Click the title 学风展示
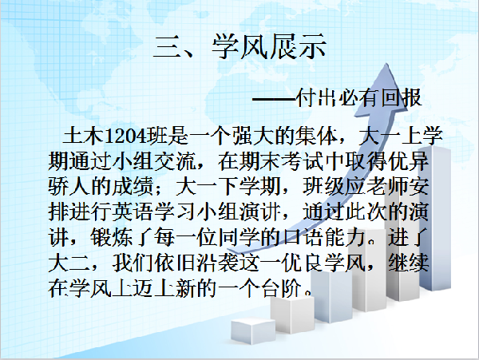269,46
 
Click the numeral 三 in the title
167,47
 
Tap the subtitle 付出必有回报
359,97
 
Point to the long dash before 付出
275,99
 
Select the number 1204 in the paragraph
125,136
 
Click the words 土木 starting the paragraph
83,135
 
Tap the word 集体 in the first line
316,135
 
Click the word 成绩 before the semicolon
133,186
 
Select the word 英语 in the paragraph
133,212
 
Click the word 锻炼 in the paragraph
112,237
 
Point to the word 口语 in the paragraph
303,237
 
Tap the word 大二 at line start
69,263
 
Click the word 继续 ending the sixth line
409,263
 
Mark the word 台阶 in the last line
281,288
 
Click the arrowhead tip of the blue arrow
386,64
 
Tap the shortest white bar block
253,330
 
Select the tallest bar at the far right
435,218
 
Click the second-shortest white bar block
292,315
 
